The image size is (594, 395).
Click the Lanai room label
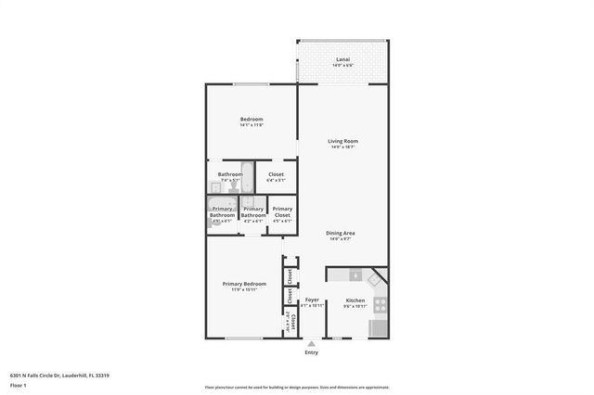[x=342, y=59]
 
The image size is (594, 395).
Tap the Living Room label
[x=342, y=141]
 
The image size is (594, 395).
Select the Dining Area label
[x=342, y=233]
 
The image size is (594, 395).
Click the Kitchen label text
[x=355, y=300]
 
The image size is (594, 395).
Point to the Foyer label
[x=313, y=299]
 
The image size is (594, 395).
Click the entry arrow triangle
[x=311, y=343]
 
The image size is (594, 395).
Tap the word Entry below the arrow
[x=311, y=352]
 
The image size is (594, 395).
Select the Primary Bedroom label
[x=244, y=284]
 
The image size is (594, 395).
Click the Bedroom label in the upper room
[x=252, y=119]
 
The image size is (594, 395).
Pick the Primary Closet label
[x=282, y=212]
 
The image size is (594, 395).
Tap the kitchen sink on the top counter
[x=355, y=274]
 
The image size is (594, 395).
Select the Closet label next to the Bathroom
[x=276, y=174]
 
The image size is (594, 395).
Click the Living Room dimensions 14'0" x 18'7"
[x=342, y=147]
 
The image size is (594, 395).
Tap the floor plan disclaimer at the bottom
[x=297, y=387]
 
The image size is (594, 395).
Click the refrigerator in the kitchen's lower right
[x=378, y=327]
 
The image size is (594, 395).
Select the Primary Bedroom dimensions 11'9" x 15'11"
[x=244, y=290]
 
